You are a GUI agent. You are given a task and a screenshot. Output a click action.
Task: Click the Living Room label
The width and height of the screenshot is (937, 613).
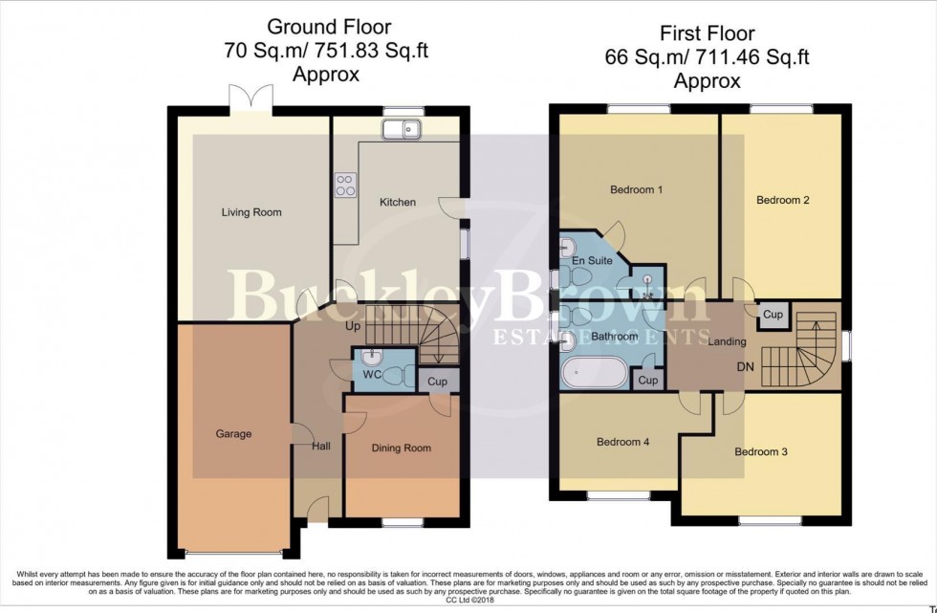(251, 212)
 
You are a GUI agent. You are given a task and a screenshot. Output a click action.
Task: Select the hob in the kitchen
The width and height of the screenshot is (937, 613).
(345, 186)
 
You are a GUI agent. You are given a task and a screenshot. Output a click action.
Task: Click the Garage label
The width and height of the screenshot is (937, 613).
(233, 434)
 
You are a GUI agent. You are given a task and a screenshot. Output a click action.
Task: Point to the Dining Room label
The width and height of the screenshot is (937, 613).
(401, 448)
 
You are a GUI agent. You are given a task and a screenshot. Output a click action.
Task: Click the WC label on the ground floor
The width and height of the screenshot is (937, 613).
(373, 374)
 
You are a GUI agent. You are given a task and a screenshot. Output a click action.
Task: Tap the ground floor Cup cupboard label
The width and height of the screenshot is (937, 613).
(438, 382)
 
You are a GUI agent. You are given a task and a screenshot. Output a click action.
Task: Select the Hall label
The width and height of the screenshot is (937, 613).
(320, 446)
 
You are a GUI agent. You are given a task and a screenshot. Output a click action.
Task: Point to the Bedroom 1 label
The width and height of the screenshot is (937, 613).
(637, 189)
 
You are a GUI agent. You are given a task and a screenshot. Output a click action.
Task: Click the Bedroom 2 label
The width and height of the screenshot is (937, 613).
(783, 200)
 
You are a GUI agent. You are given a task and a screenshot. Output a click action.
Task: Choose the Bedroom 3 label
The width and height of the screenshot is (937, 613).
(761, 451)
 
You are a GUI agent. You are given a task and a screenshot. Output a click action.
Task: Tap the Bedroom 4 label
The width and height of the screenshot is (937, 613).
(623, 442)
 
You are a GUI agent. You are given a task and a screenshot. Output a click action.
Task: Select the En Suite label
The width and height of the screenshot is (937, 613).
(592, 259)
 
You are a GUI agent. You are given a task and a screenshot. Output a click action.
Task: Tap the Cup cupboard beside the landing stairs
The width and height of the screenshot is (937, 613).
(774, 315)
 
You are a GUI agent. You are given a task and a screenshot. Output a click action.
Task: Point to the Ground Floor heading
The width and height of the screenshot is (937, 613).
(329, 27)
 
